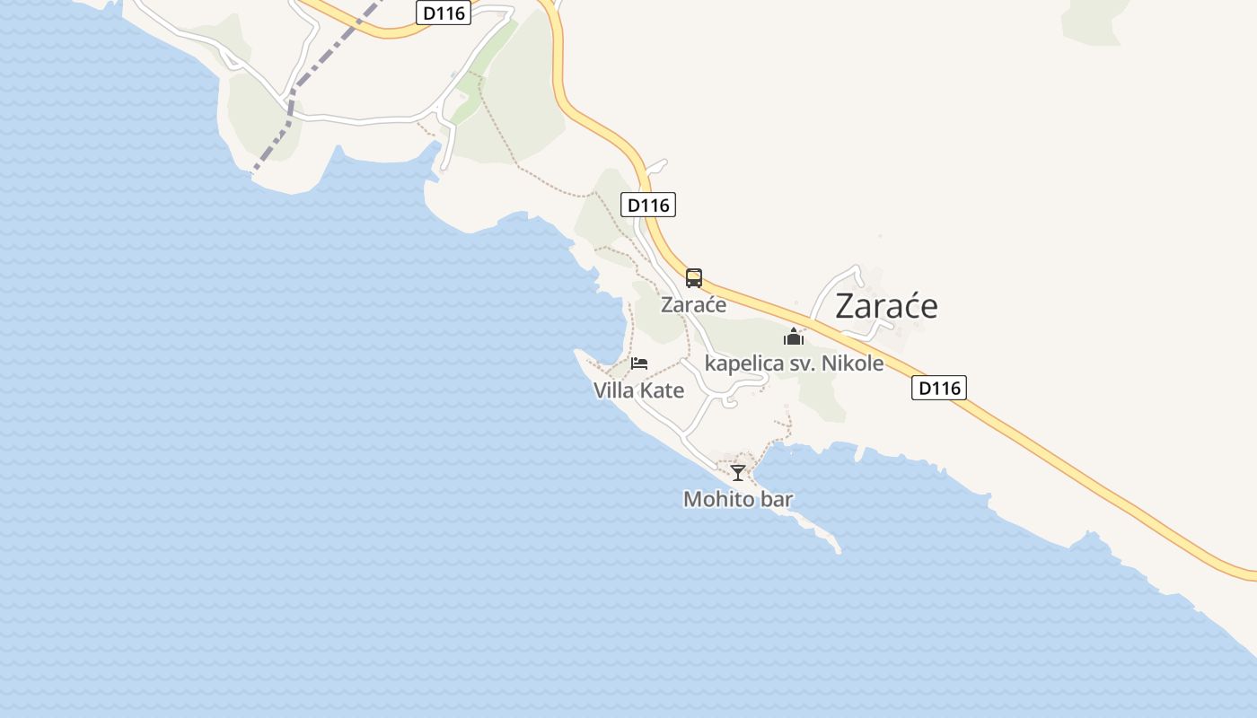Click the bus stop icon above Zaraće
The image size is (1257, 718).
tap(694, 278)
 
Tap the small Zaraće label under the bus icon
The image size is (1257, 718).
tap(693, 305)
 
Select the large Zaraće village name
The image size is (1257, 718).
tap(886, 306)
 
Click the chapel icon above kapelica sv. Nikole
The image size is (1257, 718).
tap(794, 337)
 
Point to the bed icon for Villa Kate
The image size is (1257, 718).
tap(639, 363)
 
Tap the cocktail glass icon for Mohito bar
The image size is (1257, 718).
tap(738, 473)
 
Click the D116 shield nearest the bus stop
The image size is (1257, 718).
tap(648, 205)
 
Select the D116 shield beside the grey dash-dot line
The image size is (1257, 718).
tap(444, 13)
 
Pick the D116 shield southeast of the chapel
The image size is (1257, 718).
tap(939, 388)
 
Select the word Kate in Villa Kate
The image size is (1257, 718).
tap(663, 390)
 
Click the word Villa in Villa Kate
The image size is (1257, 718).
tap(615, 390)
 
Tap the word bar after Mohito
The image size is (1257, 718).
tap(777, 499)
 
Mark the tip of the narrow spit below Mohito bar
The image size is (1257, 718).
tap(838, 550)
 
